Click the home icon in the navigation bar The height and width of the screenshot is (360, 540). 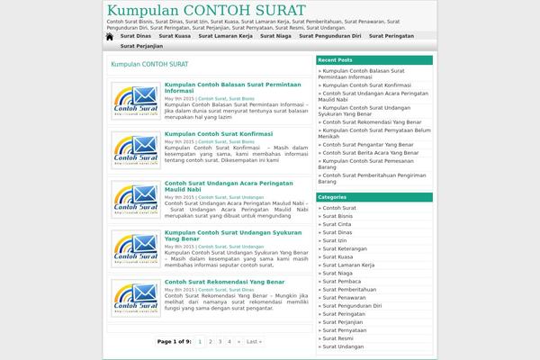[x=110, y=36]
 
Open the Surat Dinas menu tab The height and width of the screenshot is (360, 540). [x=136, y=36]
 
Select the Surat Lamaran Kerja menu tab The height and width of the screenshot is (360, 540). [x=225, y=36]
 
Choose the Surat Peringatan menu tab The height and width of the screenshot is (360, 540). [x=391, y=36]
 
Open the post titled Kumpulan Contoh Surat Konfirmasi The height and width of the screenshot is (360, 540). [x=218, y=133]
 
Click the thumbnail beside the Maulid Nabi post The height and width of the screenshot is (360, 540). [x=136, y=199]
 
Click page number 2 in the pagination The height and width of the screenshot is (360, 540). [x=210, y=342]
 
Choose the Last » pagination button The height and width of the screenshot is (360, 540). [x=254, y=342]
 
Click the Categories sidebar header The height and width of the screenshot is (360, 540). [x=332, y=197]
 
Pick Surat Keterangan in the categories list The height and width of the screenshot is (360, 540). [x=346, y=248]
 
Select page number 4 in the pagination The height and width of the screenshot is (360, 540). [x=229, y=342]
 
